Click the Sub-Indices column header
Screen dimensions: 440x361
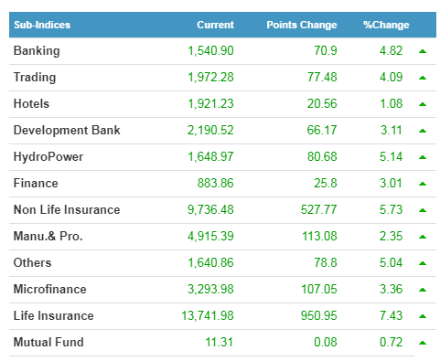pyautogui.click(x=42, y=25)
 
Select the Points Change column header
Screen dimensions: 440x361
pyautogui.click(x=302, y=25)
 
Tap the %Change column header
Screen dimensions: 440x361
pyautogui.click(x=386, y=25)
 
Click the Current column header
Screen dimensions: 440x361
pyautogui.click(x=215, y=25)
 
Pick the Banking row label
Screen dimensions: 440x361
pyautogui.click(x=37, y=51)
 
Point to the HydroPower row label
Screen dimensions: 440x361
pyautogui.click(x=48, y=156)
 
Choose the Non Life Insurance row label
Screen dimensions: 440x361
pyautogui.click(x=67, y=209)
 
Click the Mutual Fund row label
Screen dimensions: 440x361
pyautogui.click(x=48, y=342)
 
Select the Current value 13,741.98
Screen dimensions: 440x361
pyautogui.click(x=208, y=315)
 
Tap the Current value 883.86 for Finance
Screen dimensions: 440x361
pyautogui.click(x=215, y=183)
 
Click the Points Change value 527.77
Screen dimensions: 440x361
pyautogui.click(x=319, y=209)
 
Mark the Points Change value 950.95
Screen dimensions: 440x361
pyautogui.click(x=319, y=315)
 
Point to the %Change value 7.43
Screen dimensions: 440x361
pyautogui.click(x=391, y=315)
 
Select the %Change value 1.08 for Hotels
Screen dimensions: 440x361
pyautogui.click(x=391, y=103)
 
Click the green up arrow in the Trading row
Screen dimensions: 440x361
pyautogui.click(x=423, y=78)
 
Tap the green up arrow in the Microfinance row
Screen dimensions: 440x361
pyautogui.click(x=423, y=290)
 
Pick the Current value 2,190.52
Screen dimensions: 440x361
pyautogui.click(x=210, y=130)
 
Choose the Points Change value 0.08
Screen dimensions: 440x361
pyautogui.click(x=326, y=342)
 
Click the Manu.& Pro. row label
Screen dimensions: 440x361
pyautogui.click(x=48, y=236)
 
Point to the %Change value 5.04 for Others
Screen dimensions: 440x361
pyautogui.click(x=391, y=262)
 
